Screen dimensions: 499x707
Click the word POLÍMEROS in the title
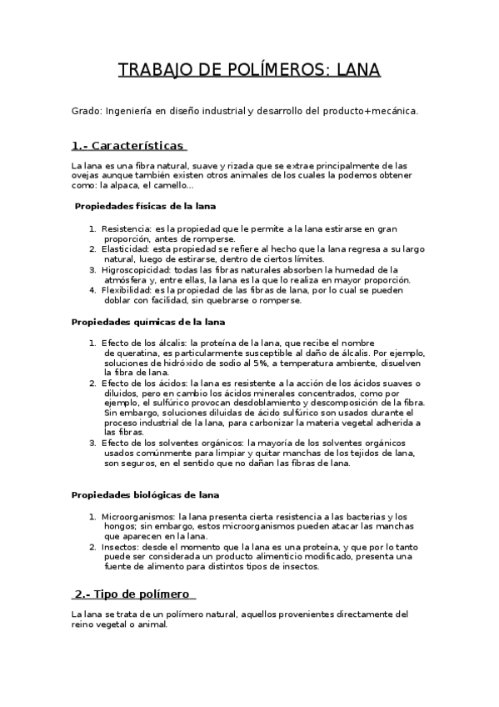[280, 70]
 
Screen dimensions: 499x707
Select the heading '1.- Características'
[127, 145]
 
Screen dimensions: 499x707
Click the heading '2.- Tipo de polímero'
[133, 594]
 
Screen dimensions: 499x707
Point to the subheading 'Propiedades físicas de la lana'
[147, 206]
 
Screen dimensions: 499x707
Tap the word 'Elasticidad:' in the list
[125, 249]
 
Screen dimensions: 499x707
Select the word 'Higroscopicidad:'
[137, 270]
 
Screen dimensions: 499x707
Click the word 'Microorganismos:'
[138, 517]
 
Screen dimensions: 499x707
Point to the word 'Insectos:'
[121, 547]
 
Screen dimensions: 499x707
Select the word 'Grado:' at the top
[87, 110]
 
